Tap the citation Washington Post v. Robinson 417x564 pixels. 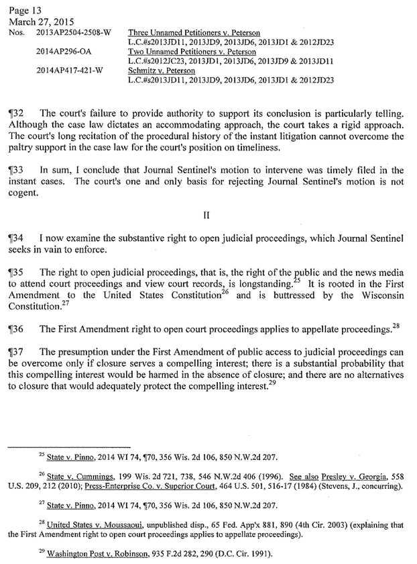(86, 555)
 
